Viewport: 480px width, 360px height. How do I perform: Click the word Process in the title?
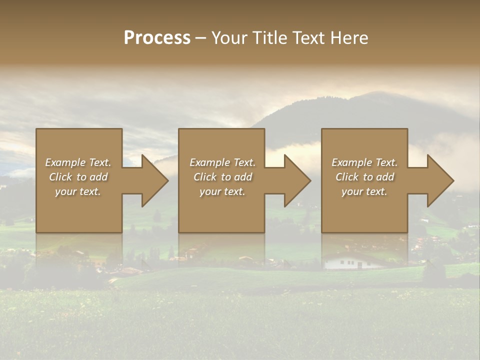157,38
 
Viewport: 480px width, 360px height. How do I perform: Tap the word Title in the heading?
269,38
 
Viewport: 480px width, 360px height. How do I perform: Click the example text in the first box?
78,177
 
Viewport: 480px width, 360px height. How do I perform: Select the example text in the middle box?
222,177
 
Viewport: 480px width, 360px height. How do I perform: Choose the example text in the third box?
364,177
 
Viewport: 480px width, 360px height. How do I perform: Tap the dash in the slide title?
200,38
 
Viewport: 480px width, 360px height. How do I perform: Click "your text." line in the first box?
78,191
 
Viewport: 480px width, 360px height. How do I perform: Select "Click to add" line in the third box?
364,177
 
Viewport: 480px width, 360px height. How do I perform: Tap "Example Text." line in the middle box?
222,162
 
